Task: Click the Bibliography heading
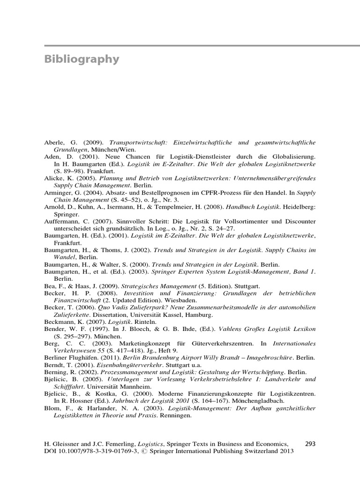[x=82, y=60]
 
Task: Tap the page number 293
[x=311, y=443]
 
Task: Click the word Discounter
[x=298, y=221]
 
